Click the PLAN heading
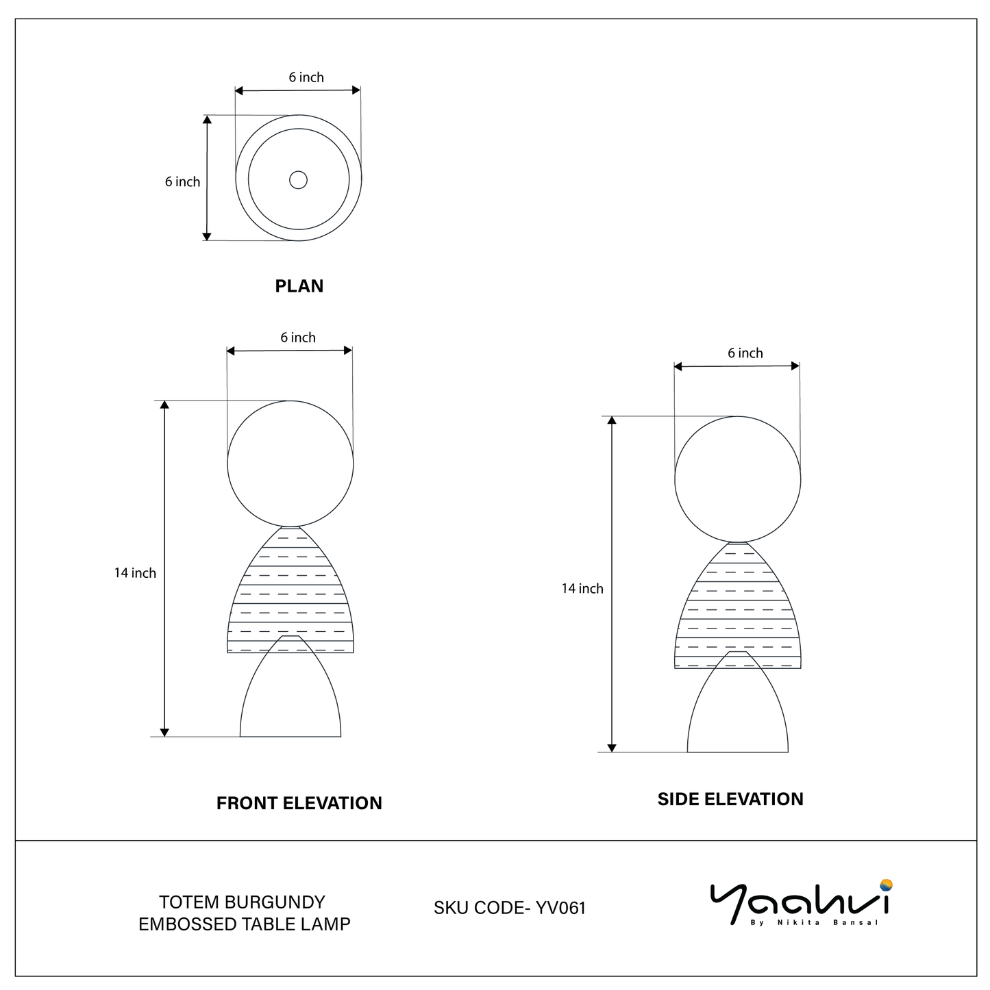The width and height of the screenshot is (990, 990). coord(299,285)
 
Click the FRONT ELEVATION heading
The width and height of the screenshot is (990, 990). coord(299,802)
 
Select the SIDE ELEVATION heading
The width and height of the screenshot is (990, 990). coord(730,798)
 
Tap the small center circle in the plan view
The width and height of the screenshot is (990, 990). coord(298,180)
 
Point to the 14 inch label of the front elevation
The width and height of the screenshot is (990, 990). coord(135,573)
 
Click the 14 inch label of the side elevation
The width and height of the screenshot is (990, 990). coord(582,588)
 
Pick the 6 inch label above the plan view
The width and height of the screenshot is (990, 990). coord(306,77)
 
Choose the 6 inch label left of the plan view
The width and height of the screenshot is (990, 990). coord(182,181)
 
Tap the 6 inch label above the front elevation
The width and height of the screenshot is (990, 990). coord(298,338)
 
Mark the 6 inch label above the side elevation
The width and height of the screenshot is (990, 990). coord(745,353)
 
